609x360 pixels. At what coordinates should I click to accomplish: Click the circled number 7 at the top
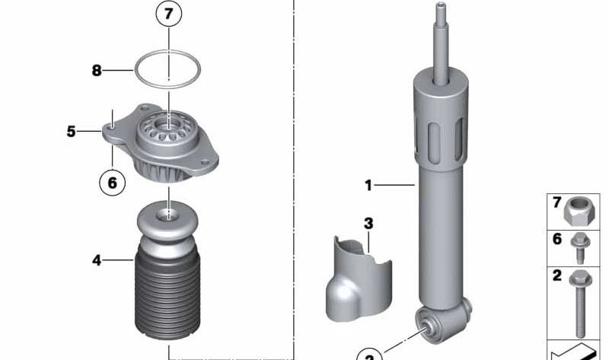170,14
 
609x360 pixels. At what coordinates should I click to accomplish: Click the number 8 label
97,71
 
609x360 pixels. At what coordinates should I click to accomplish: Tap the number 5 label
71,132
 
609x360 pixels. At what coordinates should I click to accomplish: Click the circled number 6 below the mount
112,183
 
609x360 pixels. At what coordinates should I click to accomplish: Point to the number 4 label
97,260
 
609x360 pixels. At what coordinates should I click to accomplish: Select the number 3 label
368,224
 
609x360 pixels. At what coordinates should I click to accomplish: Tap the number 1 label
368,185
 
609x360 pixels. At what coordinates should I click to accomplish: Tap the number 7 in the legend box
556,202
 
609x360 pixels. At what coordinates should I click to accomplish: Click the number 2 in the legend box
556,276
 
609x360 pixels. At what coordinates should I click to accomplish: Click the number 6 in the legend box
556,239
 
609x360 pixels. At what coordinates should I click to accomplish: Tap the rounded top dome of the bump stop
167,221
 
